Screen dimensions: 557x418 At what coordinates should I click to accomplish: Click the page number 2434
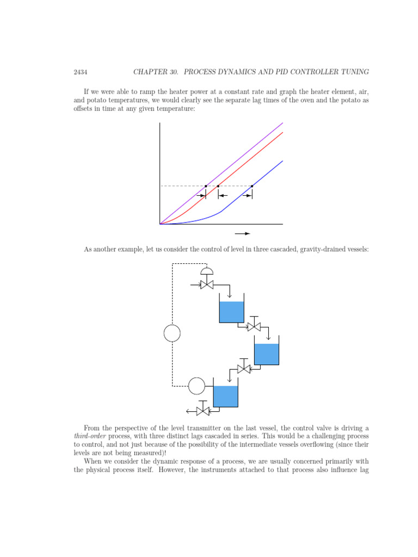click(81, 72)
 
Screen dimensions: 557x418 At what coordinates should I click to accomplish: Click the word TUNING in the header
click(353, 72)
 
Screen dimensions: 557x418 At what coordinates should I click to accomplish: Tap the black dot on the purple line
click(206, 186)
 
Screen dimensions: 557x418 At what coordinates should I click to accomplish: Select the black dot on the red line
click(218, 186)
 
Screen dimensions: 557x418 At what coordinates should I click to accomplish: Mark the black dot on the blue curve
click(252, 186)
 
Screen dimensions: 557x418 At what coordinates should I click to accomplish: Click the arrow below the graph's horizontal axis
click(242, 233)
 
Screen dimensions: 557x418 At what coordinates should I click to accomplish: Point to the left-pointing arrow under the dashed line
click(223, 195)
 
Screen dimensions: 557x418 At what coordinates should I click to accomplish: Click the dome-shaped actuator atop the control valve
click(207, 271)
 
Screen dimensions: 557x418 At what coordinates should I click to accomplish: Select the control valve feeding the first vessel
click(207, 284)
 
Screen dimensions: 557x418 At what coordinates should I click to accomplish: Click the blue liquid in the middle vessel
click(267, 354)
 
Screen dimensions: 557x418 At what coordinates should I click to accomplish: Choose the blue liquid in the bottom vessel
click(225, 396)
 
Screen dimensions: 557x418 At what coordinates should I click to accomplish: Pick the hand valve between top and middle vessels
click(254, 326)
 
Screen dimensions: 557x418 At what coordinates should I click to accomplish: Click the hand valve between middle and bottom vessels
click(244, 369)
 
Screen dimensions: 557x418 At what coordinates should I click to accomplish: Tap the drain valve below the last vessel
click(203, 411)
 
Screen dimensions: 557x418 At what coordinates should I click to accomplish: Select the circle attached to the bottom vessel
click(196, 386)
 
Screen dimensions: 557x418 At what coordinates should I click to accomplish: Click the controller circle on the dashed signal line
click(172, 333)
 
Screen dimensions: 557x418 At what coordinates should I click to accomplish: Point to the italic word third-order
click(90, 436)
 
